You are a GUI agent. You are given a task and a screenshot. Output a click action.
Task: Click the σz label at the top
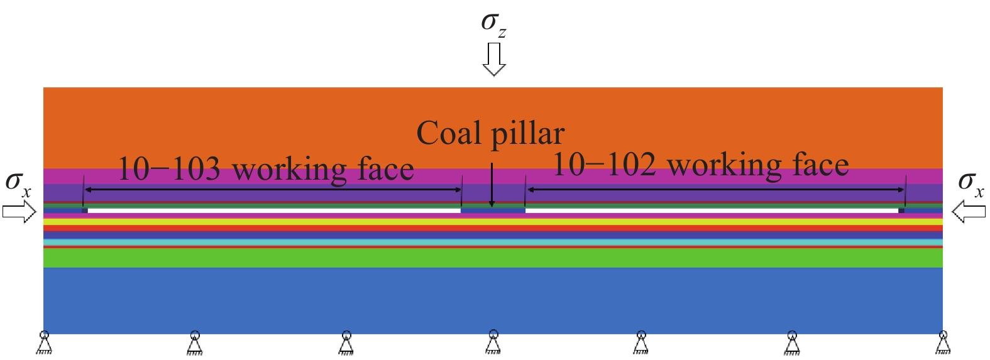(x=493, y=25)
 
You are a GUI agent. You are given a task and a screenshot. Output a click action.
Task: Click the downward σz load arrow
(x=493, y=60)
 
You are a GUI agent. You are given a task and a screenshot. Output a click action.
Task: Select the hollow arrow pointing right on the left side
(x=19, y=212)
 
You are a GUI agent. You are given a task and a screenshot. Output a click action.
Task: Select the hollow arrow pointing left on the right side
(x=969, y=212)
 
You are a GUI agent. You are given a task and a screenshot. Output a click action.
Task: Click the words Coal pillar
(x=490, y=134)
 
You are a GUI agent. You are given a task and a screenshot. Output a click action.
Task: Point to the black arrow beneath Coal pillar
(x=492, y=185)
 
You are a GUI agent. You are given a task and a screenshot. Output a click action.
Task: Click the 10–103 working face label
(x=266, y=169)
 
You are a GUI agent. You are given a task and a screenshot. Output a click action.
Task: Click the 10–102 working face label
(x=701, y=165)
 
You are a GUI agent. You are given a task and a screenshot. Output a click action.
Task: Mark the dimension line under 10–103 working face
(x=273, y=190)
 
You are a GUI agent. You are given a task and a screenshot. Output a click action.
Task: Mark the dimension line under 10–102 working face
(x=716, y=190)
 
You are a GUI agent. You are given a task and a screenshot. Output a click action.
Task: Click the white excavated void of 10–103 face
(x=274, y=210)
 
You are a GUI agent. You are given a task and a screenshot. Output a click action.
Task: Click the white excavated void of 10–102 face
(x=712, y=210)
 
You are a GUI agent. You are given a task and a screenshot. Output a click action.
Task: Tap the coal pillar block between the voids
(x=493, y=210)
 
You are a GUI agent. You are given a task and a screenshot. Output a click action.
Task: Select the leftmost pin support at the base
(x=44, y=342)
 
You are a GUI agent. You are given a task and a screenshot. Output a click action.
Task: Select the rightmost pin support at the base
(x=943, y=342)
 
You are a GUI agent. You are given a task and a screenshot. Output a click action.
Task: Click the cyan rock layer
(x=493, y=243)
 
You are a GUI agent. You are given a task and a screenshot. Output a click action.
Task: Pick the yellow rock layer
(x=493, y=222)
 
